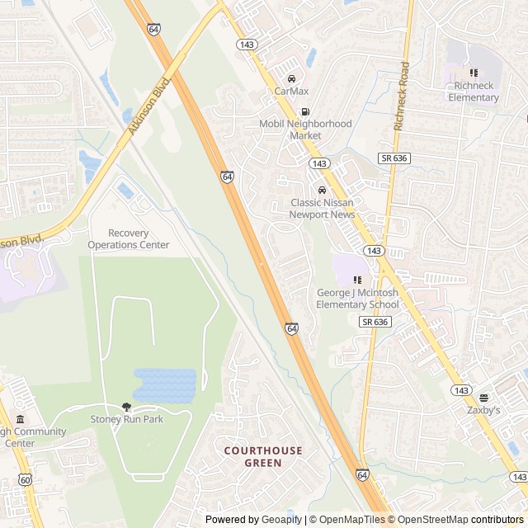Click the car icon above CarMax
(x=290, y=78)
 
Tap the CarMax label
(x=290, y=91)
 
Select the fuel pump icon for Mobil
(x=305, y=112)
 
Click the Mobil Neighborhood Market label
(x=305, y=130)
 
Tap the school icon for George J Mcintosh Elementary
(x=357, y=281)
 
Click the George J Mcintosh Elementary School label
(x=357, y=299)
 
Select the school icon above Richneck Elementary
(x=474, y=73)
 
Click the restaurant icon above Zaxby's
(x=484, y=398)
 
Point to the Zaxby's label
(x=484, y=410)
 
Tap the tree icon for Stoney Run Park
(x=126, y=407)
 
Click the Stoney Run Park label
(x=126, y=419)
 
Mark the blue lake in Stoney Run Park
(x=164, y=384)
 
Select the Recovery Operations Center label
(x=128, y=239)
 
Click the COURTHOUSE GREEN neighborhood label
(x=263, y=456)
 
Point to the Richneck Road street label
(x=402, y=97)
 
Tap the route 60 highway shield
(x=26, y=479)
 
